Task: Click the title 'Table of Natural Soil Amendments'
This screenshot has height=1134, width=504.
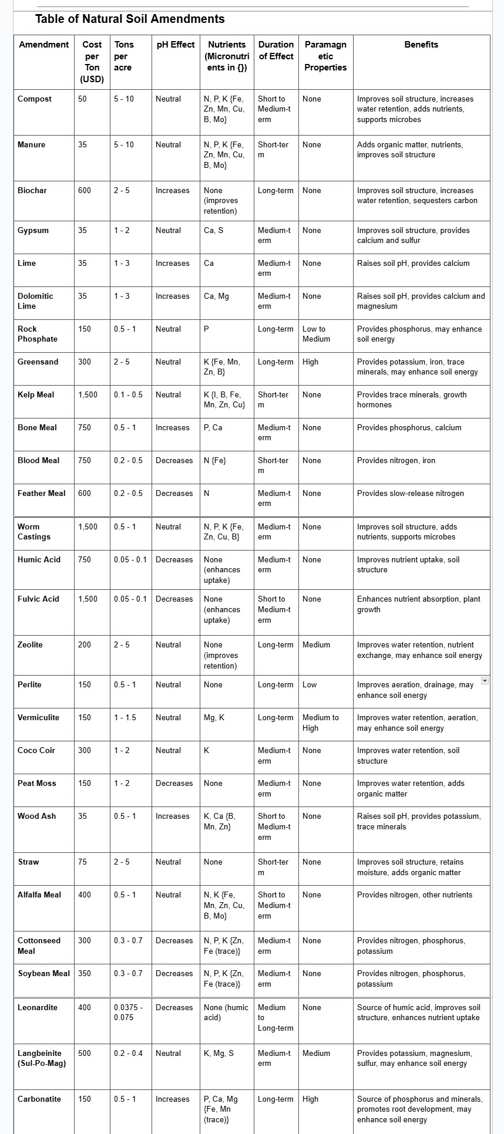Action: tap(130, 19)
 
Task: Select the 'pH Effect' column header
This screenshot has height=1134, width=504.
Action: tap(175, 45)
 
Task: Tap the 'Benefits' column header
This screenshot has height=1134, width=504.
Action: tap(421, 45)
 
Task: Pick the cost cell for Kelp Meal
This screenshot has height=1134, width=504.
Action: tap(88, 395)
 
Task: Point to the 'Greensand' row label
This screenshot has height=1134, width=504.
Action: tap(38, 362)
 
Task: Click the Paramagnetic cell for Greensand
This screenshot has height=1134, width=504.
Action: tap(311, 362)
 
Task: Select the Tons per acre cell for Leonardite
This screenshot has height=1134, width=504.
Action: tap(129, 1012)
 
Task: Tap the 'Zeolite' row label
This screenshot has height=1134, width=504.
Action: tap(31, 645)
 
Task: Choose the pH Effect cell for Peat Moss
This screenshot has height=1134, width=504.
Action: tap(174, 784)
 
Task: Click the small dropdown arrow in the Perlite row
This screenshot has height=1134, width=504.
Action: tap(485, 680)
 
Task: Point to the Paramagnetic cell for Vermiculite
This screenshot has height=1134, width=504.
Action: tap(321, 723)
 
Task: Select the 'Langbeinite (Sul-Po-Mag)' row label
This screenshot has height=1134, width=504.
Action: tap(42, 1058)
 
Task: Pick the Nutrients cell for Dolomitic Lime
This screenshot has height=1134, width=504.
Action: tap(217, 296)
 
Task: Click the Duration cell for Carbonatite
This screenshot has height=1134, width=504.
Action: tap(275, 1099)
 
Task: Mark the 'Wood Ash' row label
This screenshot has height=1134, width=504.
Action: tap(36, 816)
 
